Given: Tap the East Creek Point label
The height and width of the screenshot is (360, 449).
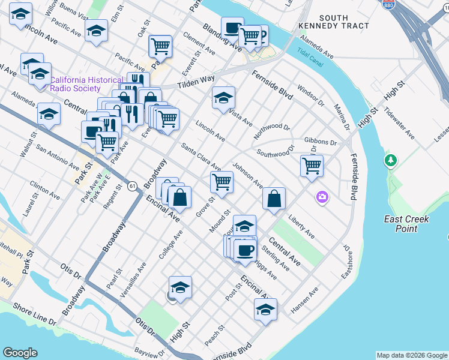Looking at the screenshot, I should coord(406,224).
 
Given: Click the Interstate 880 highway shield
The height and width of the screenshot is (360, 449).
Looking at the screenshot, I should coord(387,3).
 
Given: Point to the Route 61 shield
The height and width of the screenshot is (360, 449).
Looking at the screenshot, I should coord(131,186).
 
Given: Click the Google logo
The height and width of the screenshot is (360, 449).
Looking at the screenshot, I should coord(20,353).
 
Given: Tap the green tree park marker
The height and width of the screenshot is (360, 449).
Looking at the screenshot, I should coord(391,161).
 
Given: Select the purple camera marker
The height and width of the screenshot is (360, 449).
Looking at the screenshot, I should coord(323,197).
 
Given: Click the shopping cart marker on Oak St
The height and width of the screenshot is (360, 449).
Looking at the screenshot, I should coord(160,46).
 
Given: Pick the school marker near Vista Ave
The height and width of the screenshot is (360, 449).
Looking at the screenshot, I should coord(223,98).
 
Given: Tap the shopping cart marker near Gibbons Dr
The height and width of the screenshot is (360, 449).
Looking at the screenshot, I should coord(312,166).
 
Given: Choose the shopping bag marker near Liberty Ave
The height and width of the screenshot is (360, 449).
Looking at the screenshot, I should coord(274,199).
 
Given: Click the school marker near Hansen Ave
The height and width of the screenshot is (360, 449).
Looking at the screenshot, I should coord(265,309).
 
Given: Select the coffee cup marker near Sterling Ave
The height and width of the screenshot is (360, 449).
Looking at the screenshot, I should coord(245,251).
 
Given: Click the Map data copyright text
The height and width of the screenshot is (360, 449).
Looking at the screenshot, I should coord(411,355).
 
